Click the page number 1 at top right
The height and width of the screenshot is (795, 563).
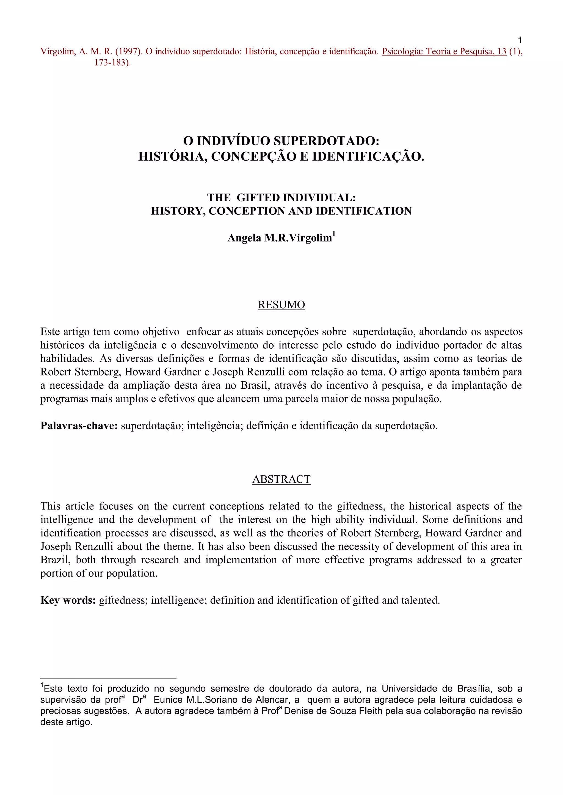pyautogui.click(x=520, y=40)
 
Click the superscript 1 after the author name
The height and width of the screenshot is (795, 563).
pyautogui.click(x=334, y=234)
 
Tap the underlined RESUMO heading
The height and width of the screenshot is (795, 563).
pyautogui.click(x=281, y=305)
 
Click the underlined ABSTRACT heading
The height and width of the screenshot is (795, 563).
pyautogui.click(x=281, y=479)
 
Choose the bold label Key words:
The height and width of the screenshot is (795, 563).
pyautogui.click(x=68, y=600)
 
